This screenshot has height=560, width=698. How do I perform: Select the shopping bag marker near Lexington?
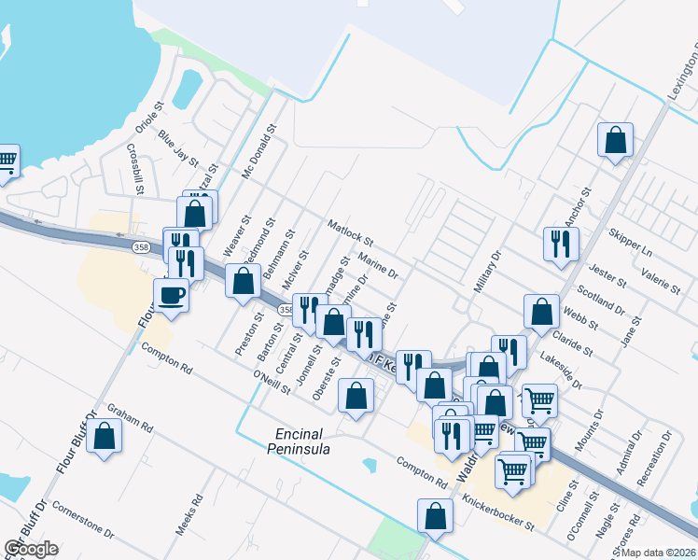616,141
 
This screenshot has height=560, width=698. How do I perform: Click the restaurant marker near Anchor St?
561,245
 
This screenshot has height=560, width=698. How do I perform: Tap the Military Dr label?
487,272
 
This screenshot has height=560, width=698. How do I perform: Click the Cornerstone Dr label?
83,523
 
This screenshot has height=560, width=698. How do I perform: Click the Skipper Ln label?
630,243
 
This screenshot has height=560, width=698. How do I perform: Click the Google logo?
30,549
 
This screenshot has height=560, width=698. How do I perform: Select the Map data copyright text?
656,553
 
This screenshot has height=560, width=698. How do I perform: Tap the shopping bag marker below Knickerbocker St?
435,515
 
